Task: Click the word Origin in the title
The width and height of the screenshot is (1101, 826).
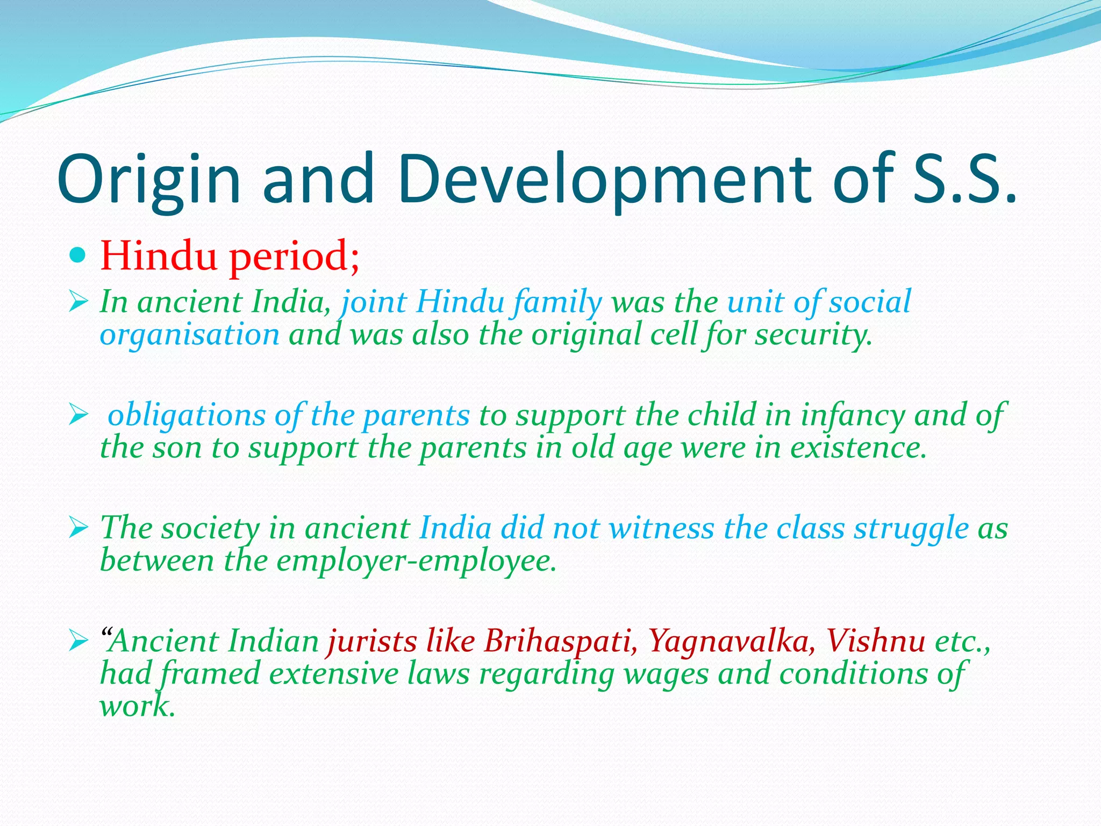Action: [x=148, y=180]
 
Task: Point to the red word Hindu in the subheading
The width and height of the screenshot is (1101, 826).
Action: [x=159, y=255]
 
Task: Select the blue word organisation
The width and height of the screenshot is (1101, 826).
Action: [x=190, y=335]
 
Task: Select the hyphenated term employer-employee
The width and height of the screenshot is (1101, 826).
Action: [x=417, y=561]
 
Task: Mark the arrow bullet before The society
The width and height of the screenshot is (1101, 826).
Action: [x=78, y=528]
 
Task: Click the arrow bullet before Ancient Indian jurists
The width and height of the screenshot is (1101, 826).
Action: [x=78, y=641]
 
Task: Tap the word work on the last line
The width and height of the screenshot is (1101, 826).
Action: [x=137, y=706]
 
